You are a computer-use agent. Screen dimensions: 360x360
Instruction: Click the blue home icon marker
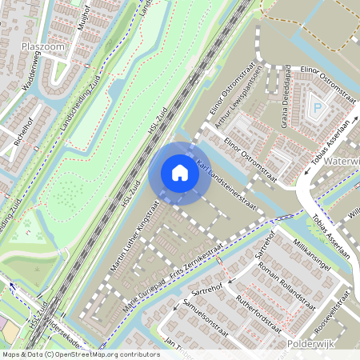pos(180,173)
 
